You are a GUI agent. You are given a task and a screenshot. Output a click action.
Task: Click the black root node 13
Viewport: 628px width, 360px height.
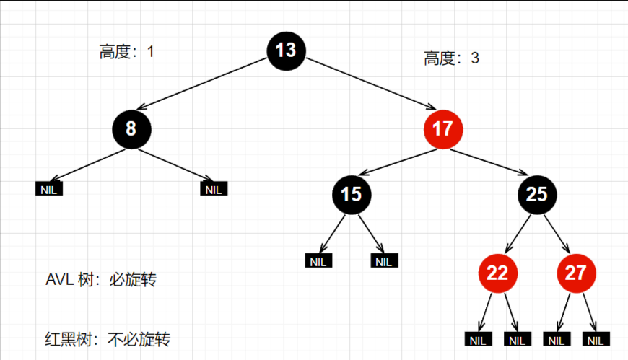(x=286, y=50)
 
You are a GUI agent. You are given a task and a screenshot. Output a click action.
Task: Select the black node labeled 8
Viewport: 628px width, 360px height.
(x=131, y=129)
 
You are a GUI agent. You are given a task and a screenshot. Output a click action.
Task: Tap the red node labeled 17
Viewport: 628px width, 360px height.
(x=442, y=129)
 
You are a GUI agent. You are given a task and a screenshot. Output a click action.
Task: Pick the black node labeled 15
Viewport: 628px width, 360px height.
(x=351, y=194)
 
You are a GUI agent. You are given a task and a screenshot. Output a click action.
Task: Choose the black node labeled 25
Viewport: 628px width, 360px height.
(x=537, y=194)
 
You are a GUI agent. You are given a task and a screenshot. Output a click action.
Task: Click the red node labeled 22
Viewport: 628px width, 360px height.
(x=497, y=273)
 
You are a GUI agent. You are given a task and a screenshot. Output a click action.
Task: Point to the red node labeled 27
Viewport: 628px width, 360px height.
(x=576, y=273)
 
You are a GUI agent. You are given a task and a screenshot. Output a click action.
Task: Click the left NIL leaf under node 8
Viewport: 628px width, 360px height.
(x=49, y=190)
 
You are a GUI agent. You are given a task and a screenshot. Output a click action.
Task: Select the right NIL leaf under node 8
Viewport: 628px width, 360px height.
(x=214, y=190)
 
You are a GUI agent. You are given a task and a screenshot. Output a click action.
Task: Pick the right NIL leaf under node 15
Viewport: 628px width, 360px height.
(x=384, y=261)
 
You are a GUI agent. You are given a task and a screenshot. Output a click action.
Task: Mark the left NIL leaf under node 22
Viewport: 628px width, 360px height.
(x=477, y=340)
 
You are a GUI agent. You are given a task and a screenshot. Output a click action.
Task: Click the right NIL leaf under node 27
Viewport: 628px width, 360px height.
(x=596, y=340)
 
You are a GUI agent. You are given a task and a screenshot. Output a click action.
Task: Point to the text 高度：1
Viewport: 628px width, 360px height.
(x=127, y=52)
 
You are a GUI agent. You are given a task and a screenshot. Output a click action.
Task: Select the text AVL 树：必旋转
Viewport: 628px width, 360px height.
(x=101, y=280)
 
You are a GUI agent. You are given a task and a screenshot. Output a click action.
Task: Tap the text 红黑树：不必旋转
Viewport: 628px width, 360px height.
(x=108, y=338)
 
